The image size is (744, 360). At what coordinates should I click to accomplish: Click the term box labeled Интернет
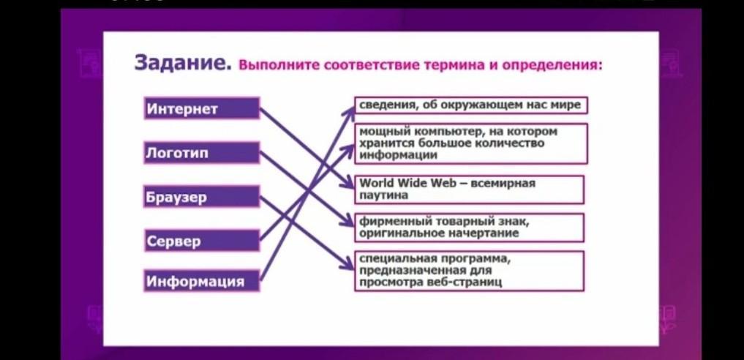[x=202, y=108]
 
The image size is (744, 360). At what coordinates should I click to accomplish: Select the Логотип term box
[x=202, y=153]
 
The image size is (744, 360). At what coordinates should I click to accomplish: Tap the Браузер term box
[x=202, y=197]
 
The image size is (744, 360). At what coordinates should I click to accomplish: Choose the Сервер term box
[x=202, y=241]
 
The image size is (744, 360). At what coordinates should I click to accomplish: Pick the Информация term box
[x=202, y=281]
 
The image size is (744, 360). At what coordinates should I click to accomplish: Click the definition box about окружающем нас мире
[x=471, y=105]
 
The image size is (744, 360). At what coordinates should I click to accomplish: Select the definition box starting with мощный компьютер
[x=471, y=143]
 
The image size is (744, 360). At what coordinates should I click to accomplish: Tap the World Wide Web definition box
[x=469, y=190]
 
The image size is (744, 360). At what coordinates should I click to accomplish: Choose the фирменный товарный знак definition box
[x=469, y=228]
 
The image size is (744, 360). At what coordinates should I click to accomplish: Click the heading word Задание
[x=183, y=63]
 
